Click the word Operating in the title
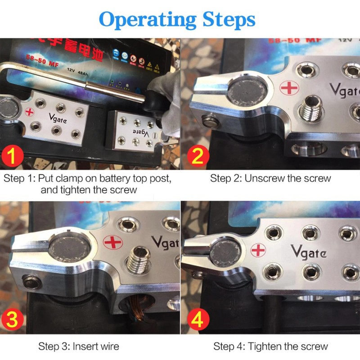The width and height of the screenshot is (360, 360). pyautogui.click(x=148, y=19)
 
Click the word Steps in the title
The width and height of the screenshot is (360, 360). pyautogui.click(x=228, y=19)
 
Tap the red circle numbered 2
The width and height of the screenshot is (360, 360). pyautogui.click(x=198, y=157)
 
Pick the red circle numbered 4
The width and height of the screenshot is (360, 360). pyautogui.click(x=198, y=320)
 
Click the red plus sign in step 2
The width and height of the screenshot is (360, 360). pyautogui.click(x=288, y=88)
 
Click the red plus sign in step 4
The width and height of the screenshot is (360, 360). pyautogui.click(x=258, y=249)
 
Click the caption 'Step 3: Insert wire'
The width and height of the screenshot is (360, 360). pyautogui.click(x=79, y=346)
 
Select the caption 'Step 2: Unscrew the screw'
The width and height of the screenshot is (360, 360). pyautogui.click(x=270, y=178)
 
